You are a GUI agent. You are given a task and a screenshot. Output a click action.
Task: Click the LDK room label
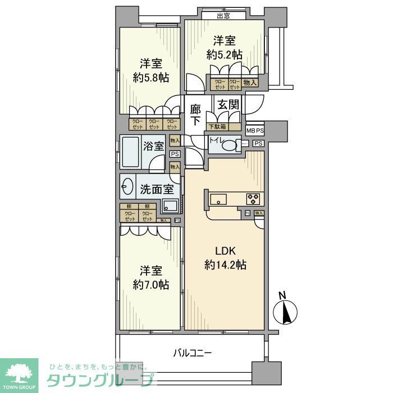click(x=223, y=250)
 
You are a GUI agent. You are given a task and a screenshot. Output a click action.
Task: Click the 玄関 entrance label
click(x=230, y=106)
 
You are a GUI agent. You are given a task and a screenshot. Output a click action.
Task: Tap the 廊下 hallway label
click(x=195, y=115)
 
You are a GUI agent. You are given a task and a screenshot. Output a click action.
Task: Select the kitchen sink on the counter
click(x=218, y=198)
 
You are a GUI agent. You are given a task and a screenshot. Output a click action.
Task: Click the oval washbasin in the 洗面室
click(x=127, y=187)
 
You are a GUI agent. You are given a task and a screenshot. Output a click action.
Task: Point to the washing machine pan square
click(x=170, y=206)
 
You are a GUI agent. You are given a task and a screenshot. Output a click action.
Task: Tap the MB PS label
click(x=255, y=131)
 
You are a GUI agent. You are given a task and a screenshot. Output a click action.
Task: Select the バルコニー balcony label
click(x=192, y=353)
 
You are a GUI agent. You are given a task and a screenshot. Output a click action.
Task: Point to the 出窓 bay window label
click(x=223, y=16)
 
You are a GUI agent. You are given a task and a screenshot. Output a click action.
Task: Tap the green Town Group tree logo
click(x=19, y=373)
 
